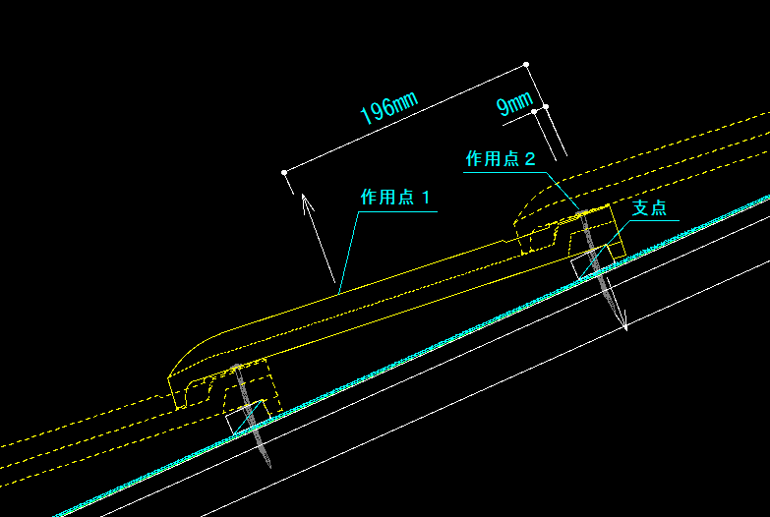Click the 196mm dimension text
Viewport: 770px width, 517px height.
click(388, 108)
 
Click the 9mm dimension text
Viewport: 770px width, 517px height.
click(514, 103)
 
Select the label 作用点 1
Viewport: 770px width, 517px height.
click(395, 198)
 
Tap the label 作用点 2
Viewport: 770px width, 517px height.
click(500, 158)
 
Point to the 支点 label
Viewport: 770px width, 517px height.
click(649, 207)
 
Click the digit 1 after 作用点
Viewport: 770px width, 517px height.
click(425, 198)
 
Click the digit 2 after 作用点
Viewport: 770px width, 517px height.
click(530, 159)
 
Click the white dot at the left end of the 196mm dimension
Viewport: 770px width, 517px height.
click(284, 172)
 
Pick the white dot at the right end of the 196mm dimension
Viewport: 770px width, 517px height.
click(526, 64)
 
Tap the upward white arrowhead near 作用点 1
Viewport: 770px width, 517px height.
click(307, 201)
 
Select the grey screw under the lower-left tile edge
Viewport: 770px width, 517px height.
click(252, 416)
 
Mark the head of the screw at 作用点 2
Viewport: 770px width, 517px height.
click(582, 213)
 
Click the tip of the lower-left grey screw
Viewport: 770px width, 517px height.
click(269, 467)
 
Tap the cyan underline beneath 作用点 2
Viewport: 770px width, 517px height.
click(505, 172)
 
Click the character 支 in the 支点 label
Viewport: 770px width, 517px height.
click(640, 207)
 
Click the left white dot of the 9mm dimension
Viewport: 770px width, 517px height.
click(534, 112)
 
